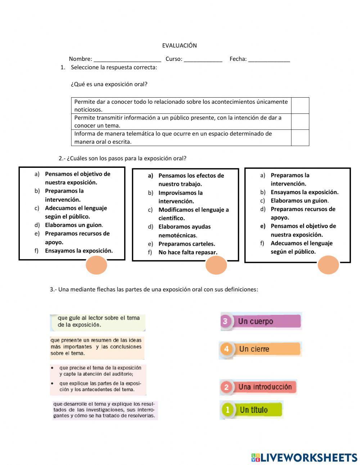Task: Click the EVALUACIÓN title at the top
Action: pos(179,45)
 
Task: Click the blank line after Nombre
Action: pos(127,59)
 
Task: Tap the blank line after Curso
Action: pos(203,59)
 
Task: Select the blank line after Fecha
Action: pos(269,59)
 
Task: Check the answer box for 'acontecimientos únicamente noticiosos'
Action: pos(300,106)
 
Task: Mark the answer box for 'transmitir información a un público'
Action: pos(300,122)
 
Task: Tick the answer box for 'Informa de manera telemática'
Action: pos(300,138)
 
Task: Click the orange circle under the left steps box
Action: pos(96,265)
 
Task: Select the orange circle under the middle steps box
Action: pos(216,265)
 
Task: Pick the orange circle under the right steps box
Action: pos(328,265)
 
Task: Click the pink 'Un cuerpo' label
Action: pos(261,321)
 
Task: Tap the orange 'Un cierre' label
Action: pos(260,349)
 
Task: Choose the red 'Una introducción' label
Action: pos(258,387)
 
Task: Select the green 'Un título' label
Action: pos(252,410)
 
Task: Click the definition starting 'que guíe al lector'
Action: pos(98,322)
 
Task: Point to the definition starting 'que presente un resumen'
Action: pos(96,347)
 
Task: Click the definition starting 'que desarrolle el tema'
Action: pos(104,410)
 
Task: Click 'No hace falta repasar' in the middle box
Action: pos(188,252)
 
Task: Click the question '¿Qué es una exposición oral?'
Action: pos(109,84)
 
